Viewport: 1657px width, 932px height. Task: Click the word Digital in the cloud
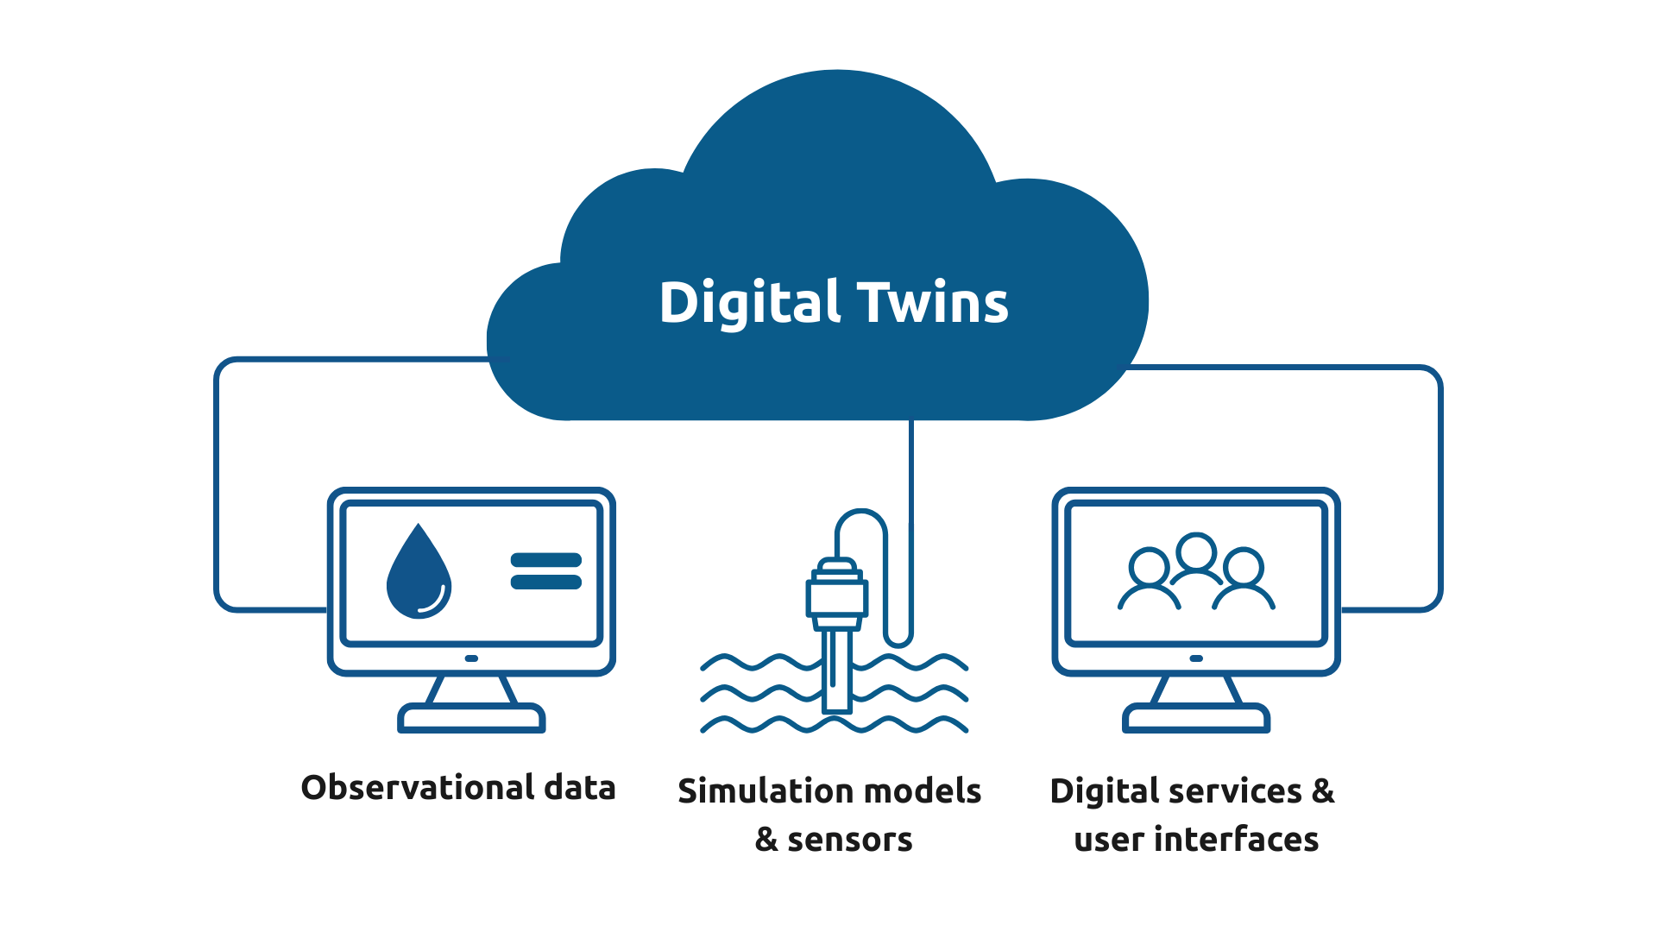pos(749,303)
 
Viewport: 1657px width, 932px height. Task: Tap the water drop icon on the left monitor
pos(419,574)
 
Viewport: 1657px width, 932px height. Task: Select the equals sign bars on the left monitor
pos(546,571)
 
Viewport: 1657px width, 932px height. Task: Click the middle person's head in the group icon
pos(1196,551)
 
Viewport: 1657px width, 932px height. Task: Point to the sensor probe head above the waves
pos(836,595)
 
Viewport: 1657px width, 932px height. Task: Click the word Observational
pos(418,788)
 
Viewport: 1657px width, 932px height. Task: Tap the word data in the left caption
pos(579,788)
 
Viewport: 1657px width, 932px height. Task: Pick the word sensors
pos(849,840)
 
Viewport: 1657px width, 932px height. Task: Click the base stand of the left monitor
pos(471,718)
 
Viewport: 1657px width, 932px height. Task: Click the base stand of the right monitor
pos(1196,718)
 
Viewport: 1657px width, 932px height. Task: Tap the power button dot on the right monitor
pos(1196,658)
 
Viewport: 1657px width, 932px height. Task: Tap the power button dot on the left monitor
pos(471,658)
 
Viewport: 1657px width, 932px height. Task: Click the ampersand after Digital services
pos(1323,791)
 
